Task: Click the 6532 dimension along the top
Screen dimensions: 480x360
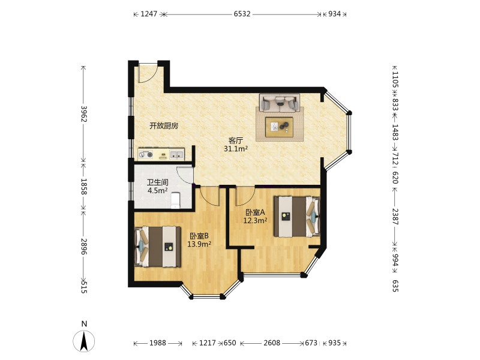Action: coord(242,14)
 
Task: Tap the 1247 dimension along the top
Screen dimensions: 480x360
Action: coord(149,14)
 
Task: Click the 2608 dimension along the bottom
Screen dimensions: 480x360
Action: coord(272,343)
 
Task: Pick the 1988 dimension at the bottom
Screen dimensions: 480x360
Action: coord(158,343)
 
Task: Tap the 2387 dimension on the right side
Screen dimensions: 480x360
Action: coord(395,217)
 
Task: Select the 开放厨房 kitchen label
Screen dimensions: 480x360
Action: coord(164,126)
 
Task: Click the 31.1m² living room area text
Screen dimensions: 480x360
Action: coord(235,149)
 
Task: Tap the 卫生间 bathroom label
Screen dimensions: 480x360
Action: coord(157,183)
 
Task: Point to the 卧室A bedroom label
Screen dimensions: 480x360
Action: coord(255,212)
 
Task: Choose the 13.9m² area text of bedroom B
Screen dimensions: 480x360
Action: coord(199,244)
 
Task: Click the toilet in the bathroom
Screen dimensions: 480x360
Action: coord(175,200)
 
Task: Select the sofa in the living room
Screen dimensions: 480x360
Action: coord(280,103)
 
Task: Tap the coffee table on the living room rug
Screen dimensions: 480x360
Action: coord(279,127)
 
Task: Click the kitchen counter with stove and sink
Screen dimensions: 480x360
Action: coord(161,154)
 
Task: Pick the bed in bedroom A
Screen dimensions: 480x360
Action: coord(297,217)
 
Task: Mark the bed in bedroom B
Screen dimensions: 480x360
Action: coord(158,247)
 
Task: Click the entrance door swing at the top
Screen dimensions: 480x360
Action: coord(148,73)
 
